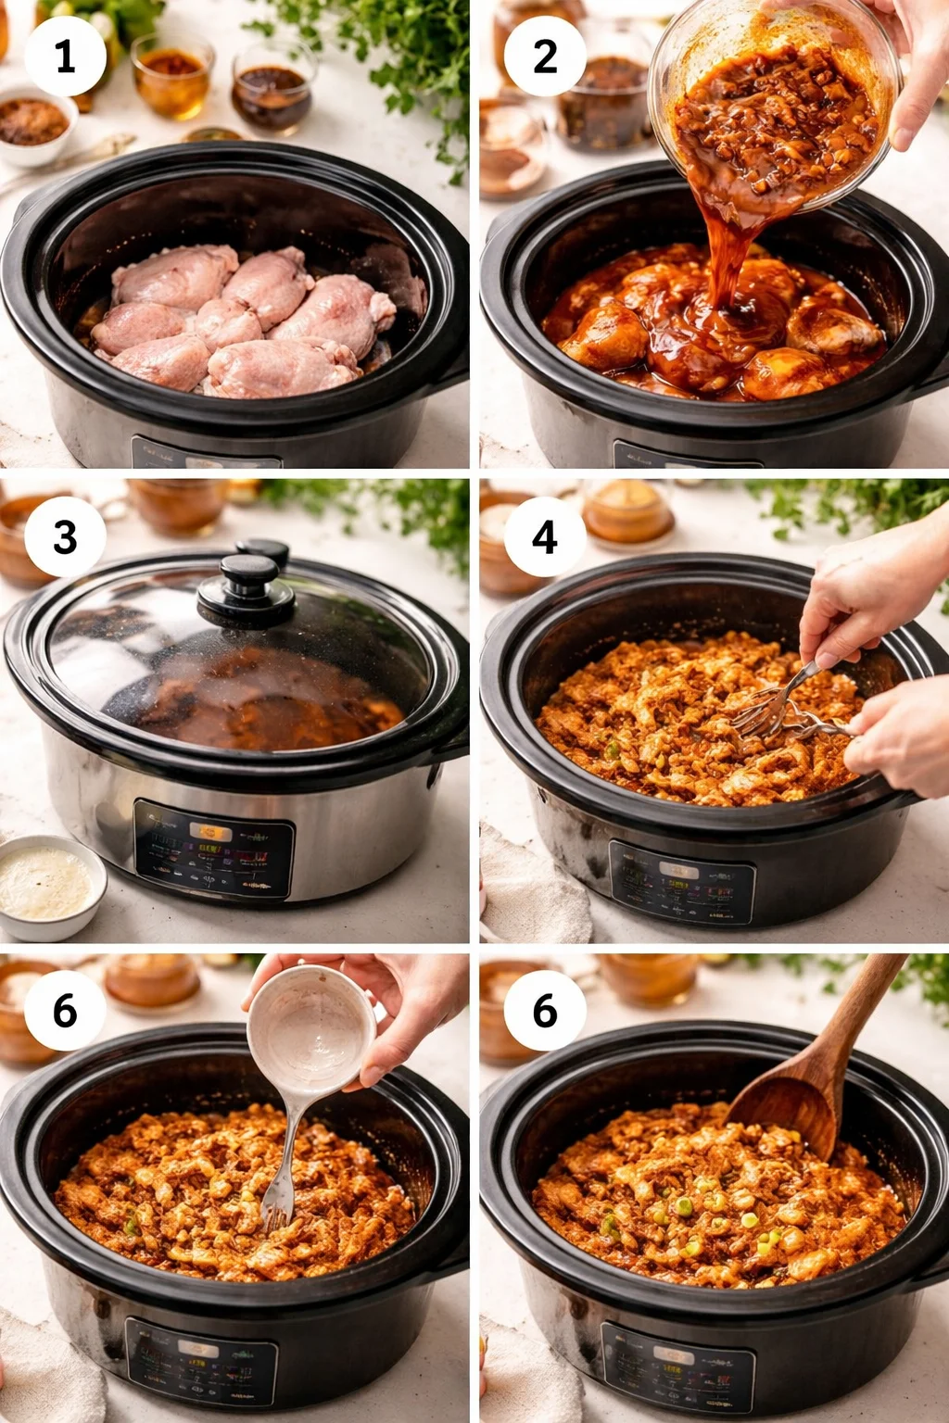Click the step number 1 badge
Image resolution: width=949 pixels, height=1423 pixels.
(64, 57)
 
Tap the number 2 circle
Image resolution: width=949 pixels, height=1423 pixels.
(545, 57)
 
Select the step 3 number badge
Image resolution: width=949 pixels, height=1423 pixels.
(64, 536)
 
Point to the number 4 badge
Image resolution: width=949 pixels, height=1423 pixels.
(545, 536)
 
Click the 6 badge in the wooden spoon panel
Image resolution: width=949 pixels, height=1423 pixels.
(545, 1010)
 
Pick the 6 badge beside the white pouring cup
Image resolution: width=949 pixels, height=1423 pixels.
(64, 1010)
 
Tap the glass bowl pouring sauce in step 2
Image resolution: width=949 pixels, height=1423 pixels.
(774, 102)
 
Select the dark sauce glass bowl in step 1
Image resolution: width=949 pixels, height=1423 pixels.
(271, 93)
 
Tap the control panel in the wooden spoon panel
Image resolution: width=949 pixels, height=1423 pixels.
(677, 1366)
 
